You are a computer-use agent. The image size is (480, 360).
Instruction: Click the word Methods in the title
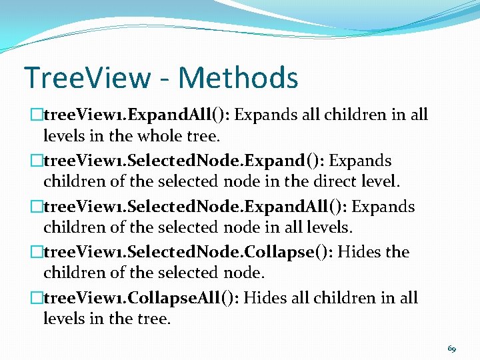(x=238, y=77)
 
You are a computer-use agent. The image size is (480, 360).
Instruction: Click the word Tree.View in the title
(x=88, y=77)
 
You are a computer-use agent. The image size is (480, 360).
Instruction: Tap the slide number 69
(x=452, y=348)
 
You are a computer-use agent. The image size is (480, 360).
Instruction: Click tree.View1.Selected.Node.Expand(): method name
(x=184, y=161)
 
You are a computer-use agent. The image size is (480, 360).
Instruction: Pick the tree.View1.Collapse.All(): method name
(x=141, y=298)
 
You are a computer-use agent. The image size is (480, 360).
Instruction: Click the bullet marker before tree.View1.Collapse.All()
(x=37, y=298)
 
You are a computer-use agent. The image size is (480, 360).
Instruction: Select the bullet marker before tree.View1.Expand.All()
(x=37, y=115)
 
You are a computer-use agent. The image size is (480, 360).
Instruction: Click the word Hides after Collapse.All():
(x=265, y=298)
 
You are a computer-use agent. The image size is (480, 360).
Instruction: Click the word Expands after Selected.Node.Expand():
(x=361, y=161)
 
